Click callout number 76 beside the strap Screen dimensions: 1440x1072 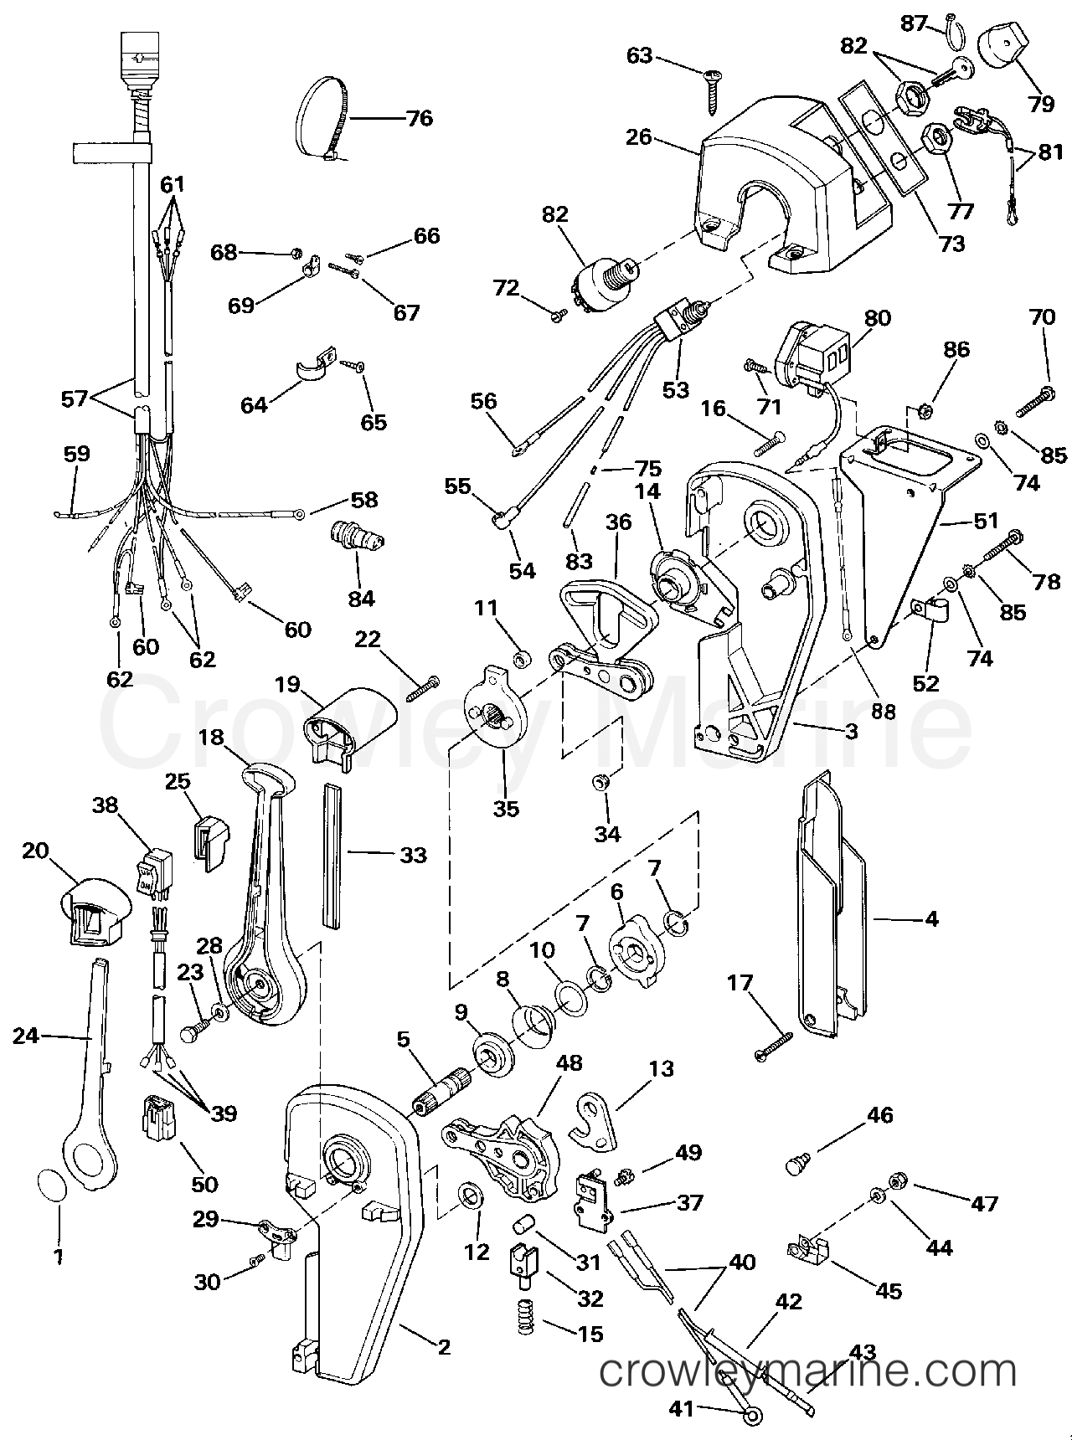419,118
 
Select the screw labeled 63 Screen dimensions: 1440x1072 712,92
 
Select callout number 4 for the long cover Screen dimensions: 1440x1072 931,918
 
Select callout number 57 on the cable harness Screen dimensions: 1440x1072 75,399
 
